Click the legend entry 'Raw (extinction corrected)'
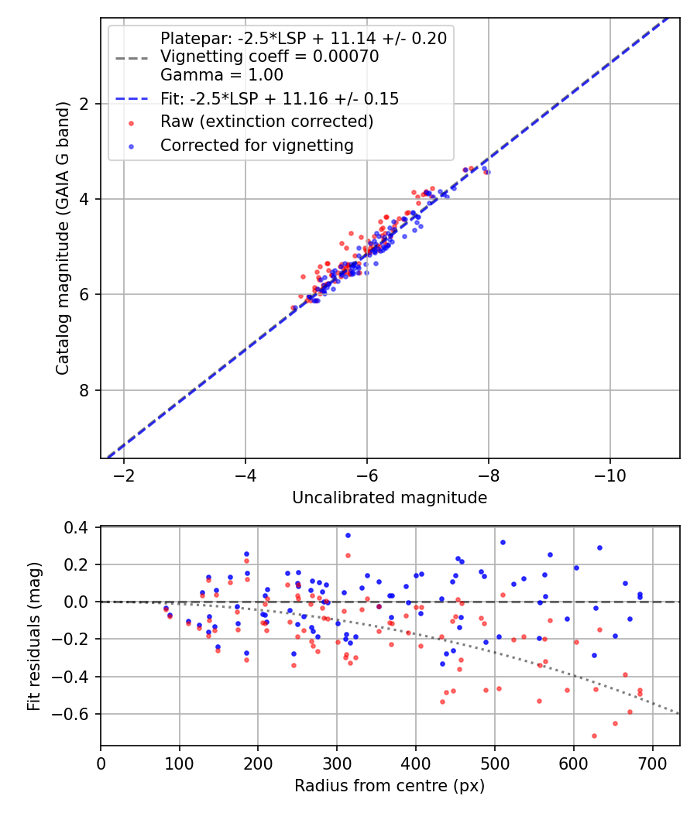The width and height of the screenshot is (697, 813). [266, 122]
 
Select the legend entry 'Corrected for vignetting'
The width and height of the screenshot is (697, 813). [256, 145]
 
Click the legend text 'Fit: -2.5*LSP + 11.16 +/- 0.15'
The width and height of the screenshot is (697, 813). [279, 98]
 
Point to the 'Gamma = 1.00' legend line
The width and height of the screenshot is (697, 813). [221, 75]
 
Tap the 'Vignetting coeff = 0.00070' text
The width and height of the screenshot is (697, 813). [269, 57]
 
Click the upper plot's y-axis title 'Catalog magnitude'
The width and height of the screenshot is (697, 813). [64, 238]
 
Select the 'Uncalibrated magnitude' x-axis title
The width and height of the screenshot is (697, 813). [390, 498]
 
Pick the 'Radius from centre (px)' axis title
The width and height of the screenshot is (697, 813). [390, 786]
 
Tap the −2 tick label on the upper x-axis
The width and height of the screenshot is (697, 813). [124, 474]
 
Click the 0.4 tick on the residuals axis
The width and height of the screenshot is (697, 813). [82, 527]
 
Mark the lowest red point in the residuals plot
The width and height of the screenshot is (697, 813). [594, 736]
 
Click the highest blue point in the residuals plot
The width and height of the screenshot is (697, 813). [348, 535]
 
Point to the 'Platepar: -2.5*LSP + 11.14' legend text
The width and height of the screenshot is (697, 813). [303, 39]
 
